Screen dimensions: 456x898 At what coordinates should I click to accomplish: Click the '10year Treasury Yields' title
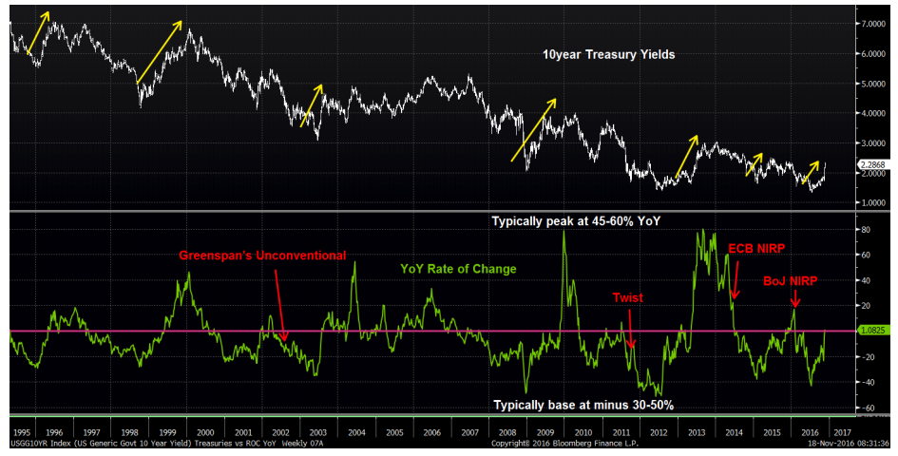[608, 55]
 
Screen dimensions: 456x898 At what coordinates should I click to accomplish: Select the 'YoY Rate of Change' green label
[458, 269]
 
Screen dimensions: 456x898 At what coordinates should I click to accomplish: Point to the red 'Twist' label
[627, 297]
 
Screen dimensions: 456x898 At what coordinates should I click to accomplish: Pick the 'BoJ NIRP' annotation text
[791, 281]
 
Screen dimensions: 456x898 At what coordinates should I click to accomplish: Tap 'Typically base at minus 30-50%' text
[583, 405]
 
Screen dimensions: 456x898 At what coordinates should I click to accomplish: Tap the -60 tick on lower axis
[866, 408]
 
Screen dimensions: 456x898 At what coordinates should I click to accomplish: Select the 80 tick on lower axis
[866, 230]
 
